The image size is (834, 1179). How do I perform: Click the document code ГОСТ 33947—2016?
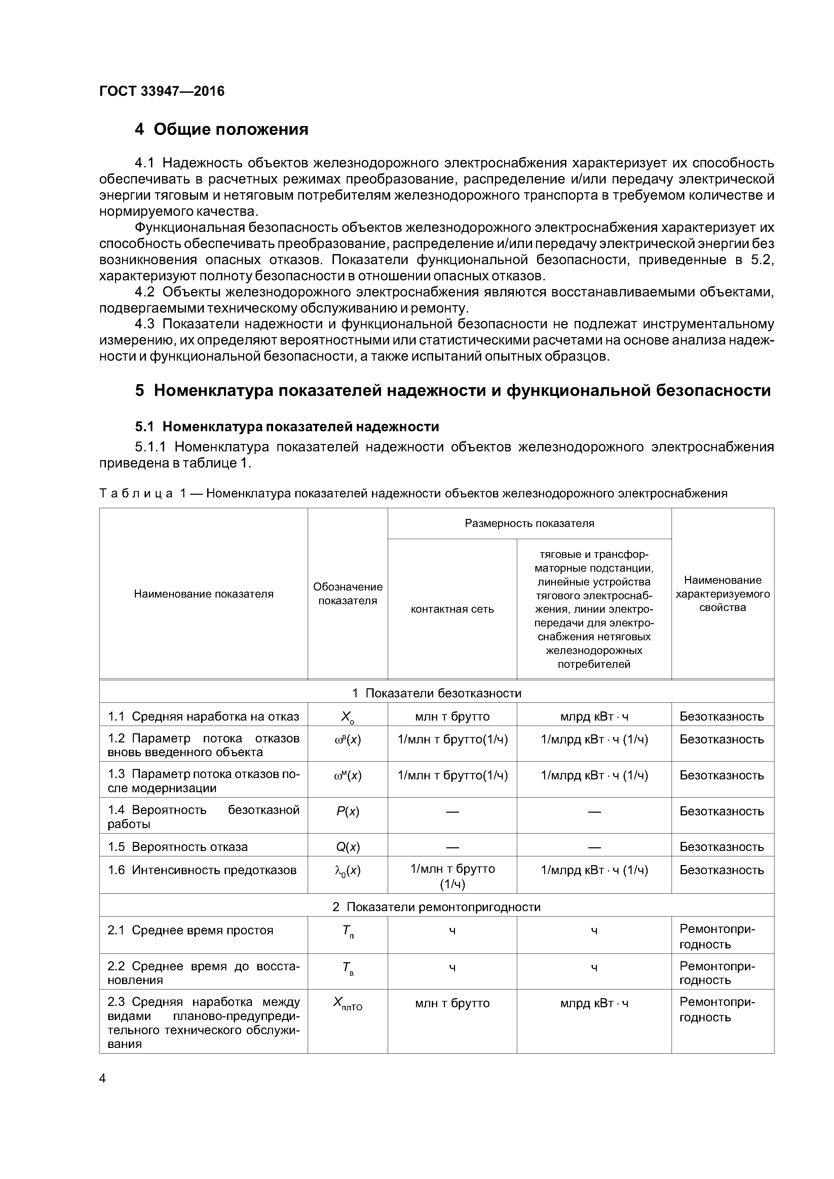[162, 91]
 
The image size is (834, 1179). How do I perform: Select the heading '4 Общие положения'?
[222, 129]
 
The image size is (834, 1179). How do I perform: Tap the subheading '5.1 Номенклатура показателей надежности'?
[287, 427]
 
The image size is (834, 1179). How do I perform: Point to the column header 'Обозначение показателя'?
[348, 594]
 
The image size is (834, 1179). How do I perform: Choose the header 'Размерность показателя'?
[529, 523]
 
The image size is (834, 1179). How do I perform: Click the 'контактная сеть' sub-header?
[452, 609]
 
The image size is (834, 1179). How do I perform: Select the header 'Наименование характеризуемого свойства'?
[722, 594]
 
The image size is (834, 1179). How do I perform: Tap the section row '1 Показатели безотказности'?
[436, 693]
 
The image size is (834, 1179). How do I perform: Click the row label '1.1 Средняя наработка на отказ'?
[203, 716]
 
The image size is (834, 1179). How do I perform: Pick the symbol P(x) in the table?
[348, 811]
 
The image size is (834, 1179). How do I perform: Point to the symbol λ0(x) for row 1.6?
[348, 871]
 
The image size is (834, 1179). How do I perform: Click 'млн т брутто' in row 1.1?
[452, 716]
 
